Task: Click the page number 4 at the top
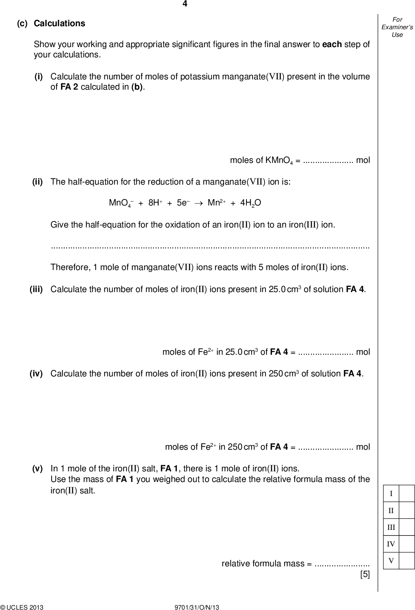pos(185,4)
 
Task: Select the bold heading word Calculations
pos(60,24)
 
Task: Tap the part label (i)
pos(39,77)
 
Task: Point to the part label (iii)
pos(36,289)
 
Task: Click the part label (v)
pos(38,469)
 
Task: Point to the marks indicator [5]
pos(365,574)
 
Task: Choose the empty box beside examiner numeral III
pos(407,527)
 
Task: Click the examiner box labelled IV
pos(391,544)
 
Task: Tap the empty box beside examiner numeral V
pos(407,561)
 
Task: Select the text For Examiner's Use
pos(397,27)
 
